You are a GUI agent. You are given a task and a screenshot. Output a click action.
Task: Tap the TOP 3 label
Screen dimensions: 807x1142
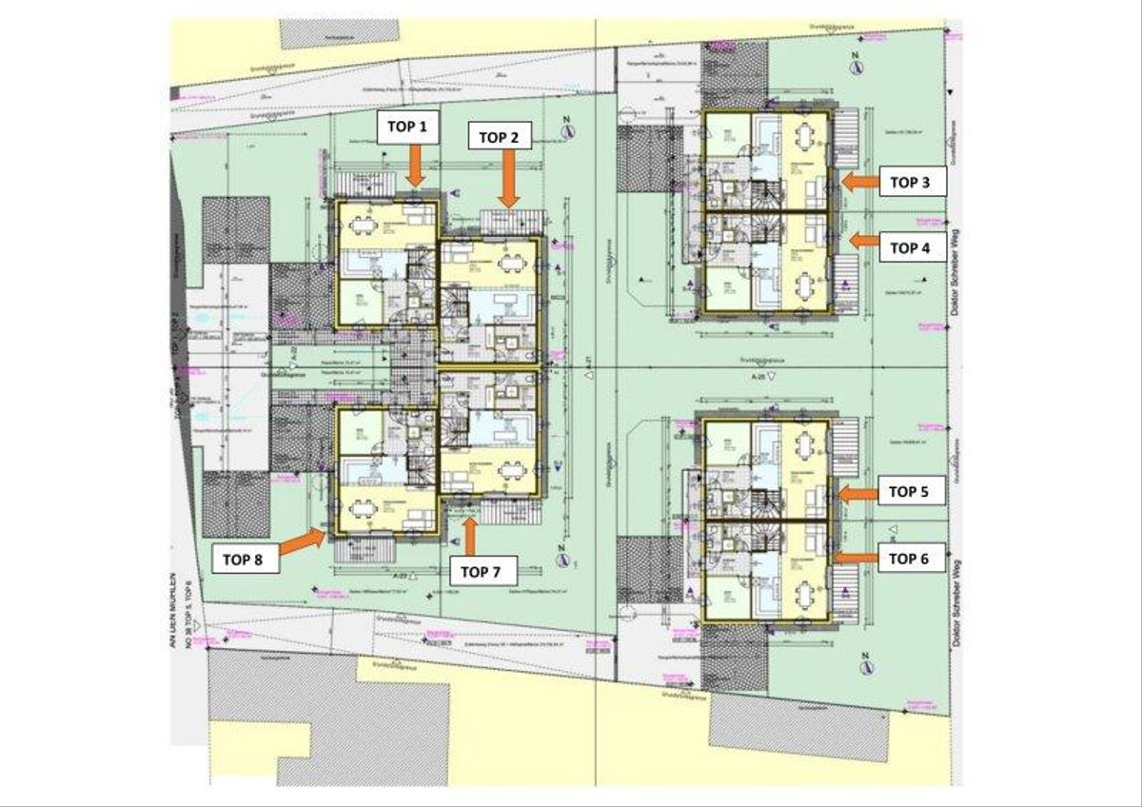tap(911, 181)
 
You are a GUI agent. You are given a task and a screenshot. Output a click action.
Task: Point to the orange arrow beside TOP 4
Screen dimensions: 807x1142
tap(864, 241)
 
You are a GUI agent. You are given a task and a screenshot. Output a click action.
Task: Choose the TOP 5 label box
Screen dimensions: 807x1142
tap(911, 492)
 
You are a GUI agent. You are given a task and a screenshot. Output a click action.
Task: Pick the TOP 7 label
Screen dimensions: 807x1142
tap(482, 572)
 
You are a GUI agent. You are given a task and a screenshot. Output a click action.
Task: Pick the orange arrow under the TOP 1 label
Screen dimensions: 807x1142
tap(414, 169)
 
